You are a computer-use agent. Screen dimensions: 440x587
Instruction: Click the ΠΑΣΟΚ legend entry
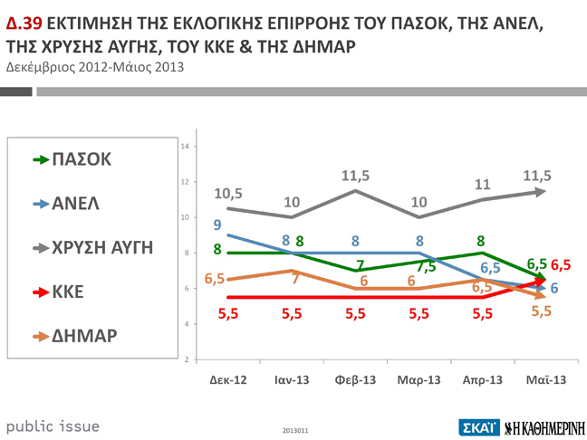tap(72, 159)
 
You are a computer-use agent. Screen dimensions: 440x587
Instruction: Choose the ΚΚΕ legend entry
tap(64, 292)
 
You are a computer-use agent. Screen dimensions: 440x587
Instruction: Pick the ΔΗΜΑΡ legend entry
tap(76, 337)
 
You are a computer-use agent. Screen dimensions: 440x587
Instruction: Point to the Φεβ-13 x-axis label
tap(355, 380)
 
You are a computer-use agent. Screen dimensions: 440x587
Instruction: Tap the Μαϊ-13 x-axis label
tap(546, 380)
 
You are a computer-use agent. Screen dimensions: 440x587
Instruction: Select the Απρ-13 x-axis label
tap(483, 380)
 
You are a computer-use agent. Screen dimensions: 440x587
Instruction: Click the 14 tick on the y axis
tap(185, 147)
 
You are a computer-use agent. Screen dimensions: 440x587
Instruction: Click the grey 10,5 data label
tap(227, 193)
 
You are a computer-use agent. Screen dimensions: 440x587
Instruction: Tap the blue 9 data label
tap(217, 225)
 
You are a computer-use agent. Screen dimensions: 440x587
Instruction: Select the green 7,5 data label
tap(427, 266)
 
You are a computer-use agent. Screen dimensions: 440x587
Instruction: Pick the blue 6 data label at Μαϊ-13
tap(553, 288)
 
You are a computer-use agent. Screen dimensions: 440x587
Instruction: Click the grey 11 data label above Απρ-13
tap(483, 184)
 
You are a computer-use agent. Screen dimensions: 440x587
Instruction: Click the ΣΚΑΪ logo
tap(478, 425)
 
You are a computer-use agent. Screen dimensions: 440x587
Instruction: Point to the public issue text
tap(53, 426)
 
